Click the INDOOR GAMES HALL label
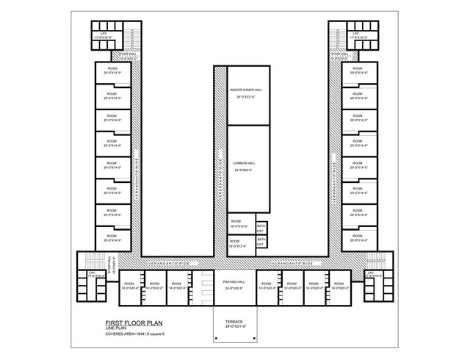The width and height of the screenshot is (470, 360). click(246, 90)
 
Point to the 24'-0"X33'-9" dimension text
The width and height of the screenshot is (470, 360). click(245, 97)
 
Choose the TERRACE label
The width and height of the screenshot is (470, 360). click(234, 322)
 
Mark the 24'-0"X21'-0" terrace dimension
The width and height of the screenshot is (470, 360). click(234, 327)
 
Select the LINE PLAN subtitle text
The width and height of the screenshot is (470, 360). click(117, 328)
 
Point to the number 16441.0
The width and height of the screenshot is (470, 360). click(146, 334)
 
